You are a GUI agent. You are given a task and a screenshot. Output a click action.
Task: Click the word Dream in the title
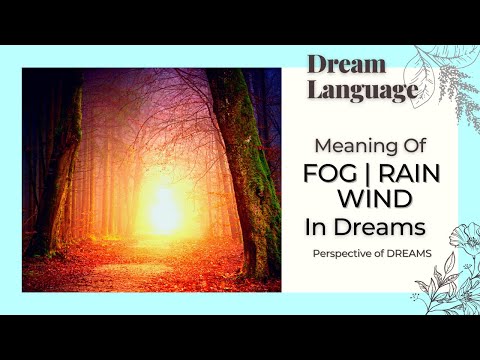click(346, 65)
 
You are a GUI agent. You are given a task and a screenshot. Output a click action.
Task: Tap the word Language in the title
click(361, 91)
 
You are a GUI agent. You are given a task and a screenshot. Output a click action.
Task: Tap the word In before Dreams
click(317, 226)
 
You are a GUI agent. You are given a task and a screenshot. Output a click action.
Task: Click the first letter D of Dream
click(316, 65)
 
